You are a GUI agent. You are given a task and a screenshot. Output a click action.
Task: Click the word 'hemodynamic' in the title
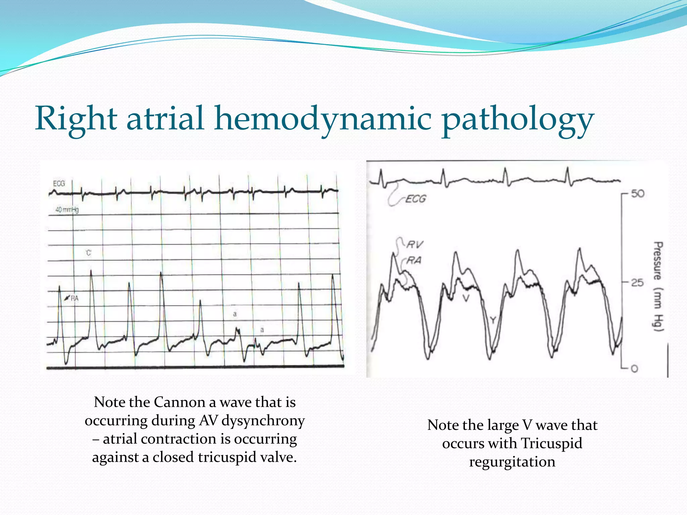pos(323,119)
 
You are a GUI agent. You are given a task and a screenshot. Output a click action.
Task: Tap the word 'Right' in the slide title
pos(76,119)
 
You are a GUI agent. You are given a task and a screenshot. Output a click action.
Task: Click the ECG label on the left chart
pos(59,183)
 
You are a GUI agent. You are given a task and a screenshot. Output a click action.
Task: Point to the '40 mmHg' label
pos(67,210)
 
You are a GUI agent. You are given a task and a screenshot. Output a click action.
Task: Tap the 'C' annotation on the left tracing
pos(88,253)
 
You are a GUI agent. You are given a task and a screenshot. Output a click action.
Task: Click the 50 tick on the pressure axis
pos(638,194)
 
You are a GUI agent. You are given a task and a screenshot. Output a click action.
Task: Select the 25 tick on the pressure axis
pos(637,283)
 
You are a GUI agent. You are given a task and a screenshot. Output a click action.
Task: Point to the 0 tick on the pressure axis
pos(634,369)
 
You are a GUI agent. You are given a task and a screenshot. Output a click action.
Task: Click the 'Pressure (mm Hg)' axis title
pos(658,287)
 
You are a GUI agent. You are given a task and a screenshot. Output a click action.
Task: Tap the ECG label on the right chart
pos(415,199)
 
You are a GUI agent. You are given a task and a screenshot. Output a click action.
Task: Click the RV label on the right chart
pos(415,244)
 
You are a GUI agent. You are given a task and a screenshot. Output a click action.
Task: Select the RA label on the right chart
pos(414,260)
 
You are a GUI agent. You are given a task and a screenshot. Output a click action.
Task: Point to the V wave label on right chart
pos(466,298)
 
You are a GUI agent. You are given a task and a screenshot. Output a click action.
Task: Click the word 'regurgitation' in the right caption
pos(512,462)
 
